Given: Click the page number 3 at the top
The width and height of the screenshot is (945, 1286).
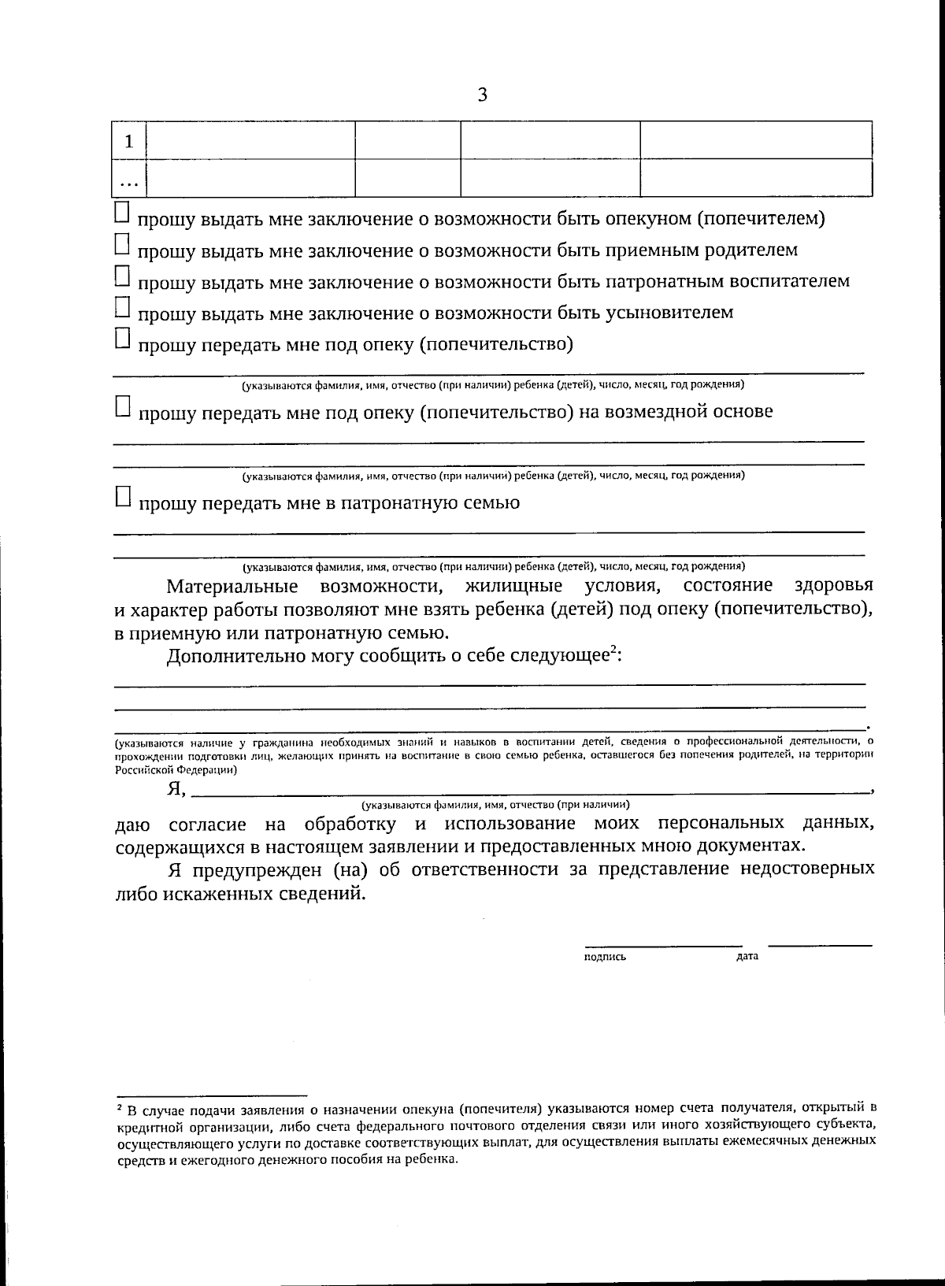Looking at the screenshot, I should pyautogui.click(x=483, y=95).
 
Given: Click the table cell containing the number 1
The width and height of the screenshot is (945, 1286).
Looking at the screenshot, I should pyautogui.click(x=129, y=141).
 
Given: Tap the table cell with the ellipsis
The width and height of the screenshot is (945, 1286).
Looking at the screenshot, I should pyautogui.click(x=129, y=180).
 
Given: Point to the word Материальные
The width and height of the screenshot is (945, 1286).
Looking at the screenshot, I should pyautogui.click(x=232, y=587).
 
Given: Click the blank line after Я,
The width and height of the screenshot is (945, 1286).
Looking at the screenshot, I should pyautogui.click(x=528, y=790).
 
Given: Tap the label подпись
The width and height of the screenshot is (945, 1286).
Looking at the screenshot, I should pyautogui.click(x=605, y=958).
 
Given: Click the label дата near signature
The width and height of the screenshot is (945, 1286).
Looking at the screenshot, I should pyautogui.click(x=747, y=957).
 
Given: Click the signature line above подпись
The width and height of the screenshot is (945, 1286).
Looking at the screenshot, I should pyautogui.click(x=662, y=945).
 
